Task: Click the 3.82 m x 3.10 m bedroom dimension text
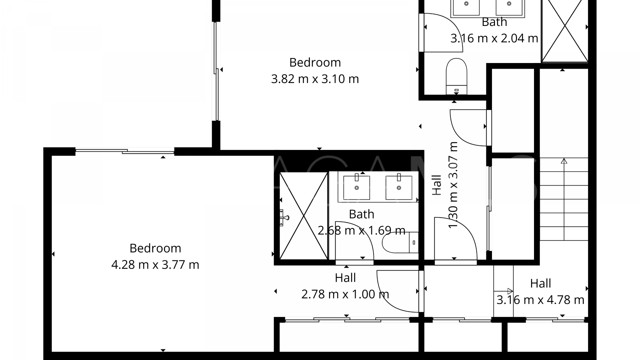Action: [315, 79]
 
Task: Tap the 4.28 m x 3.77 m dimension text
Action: [155, 265]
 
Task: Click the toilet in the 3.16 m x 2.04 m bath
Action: [456, 76]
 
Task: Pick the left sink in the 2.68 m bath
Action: [357, 188]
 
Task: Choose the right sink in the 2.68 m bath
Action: [399, 188]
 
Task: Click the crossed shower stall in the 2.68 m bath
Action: [303, 216]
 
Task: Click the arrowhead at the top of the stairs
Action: [564, 161]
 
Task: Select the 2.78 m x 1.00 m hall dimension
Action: [345, 294]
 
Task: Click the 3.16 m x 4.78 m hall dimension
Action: [540, 300]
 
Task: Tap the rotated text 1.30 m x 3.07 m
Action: [453, 185]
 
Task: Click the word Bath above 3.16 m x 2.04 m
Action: [494, 22]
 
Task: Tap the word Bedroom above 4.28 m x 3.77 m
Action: [155, 248]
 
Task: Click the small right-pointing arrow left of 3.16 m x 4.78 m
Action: [509, 291]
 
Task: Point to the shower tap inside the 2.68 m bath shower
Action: [284, 218]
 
